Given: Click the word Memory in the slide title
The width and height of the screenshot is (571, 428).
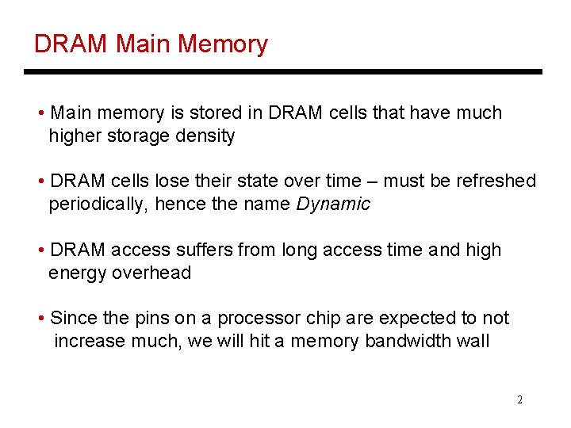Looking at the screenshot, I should (x=223, y=44).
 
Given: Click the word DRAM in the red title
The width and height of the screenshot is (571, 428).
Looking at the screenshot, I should (x=70, y=44).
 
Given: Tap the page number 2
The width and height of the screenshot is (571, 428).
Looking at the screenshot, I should (x=519, y=399).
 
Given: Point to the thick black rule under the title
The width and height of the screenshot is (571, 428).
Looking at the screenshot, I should (x=283, y=72).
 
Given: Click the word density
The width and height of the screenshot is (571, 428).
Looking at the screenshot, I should (x=207, y=136).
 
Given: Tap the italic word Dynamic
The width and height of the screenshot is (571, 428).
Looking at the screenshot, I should (x=333, y=204).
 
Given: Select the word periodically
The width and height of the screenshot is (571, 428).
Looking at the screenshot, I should (x=98, y=204).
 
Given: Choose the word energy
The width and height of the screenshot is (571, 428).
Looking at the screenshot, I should (x=78, y=273).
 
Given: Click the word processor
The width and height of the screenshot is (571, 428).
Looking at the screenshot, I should (x=255, y=318).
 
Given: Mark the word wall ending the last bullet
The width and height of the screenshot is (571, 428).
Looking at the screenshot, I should (x=473, y=341).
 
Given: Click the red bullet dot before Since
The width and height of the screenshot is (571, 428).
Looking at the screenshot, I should (x=41, y=319).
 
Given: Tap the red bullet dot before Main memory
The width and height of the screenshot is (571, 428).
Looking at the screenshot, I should (x=41, y=113).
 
